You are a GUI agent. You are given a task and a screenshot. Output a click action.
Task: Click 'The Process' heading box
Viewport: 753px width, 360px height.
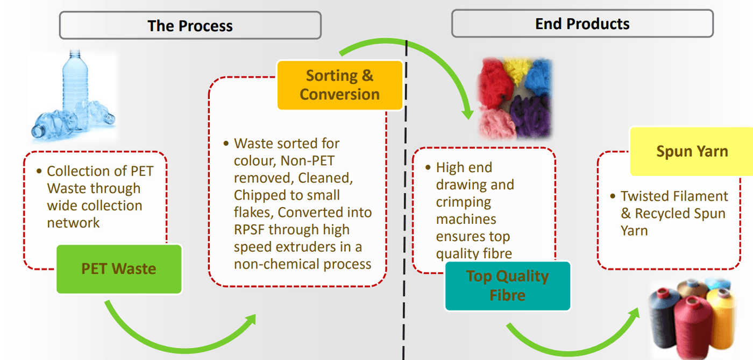coord(190,25)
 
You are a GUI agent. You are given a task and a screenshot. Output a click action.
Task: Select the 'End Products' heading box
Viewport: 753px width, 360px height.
coord(582,24)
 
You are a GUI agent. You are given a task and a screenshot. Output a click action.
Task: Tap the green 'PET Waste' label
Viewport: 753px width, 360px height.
coord(119,269)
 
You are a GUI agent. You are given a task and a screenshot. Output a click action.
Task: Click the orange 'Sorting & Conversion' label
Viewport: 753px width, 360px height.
coord(339,85)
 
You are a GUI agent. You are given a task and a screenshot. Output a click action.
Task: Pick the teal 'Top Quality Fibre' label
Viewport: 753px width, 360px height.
coord(507,286)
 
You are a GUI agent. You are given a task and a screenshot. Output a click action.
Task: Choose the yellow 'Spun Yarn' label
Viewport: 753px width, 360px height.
coord(692,151)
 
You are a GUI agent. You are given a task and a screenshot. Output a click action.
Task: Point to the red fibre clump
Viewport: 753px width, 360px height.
coord(491,80)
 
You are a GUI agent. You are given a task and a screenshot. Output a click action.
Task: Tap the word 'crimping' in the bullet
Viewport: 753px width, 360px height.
coord(463,202)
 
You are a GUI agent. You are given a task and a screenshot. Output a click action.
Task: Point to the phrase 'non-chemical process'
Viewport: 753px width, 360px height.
coord(302,264)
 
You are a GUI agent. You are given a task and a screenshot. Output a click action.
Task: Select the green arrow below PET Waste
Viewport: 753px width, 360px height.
coord(177,334)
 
